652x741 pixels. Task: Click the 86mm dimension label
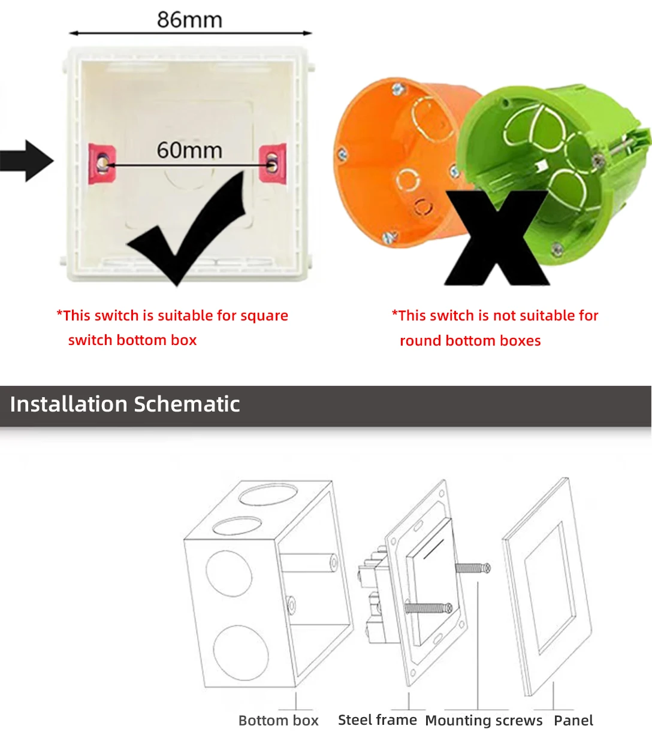189,20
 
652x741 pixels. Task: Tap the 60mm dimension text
189,150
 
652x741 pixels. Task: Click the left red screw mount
101,163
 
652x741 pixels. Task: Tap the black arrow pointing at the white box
27,161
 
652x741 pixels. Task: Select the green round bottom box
557,156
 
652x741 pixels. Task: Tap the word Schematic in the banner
187,404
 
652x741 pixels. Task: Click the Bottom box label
279,721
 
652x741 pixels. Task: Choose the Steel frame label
378,720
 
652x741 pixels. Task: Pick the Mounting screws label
484,721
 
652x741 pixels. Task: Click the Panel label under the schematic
573,721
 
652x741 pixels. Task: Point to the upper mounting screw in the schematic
473,568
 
